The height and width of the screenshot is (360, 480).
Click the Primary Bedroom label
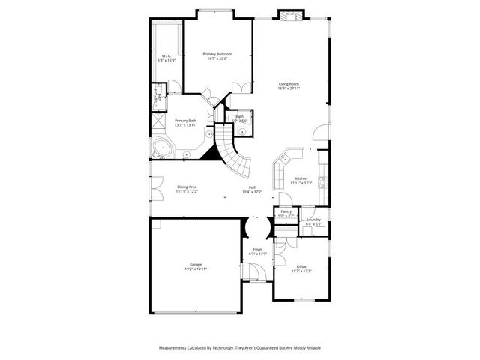(217, 54)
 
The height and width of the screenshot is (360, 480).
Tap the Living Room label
(289, 84)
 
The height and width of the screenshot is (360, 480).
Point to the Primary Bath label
(186, 121)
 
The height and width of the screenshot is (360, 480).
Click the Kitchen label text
(301, 178)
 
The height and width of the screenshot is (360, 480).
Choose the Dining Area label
(187, 187)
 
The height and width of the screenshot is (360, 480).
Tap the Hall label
(252, 187)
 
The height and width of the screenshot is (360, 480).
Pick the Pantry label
(286, 212)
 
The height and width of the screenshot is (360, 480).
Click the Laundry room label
(313, 219)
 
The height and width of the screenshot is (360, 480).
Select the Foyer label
(257, 249)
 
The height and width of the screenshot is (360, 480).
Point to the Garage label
(196, 263)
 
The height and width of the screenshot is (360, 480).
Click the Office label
(301, 266)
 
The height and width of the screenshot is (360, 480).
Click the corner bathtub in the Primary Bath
(160, 148)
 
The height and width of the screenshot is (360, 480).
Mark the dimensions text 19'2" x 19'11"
(196, 268)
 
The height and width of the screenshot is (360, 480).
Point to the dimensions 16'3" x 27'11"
(289, 88)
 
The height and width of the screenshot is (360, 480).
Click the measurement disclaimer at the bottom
(240, 348)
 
